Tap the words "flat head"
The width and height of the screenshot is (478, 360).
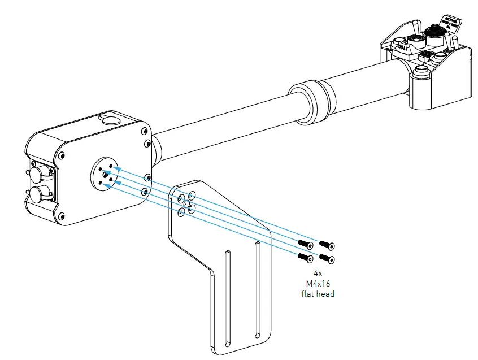click(x=318, y=294)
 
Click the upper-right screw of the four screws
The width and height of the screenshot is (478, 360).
click(x=326, y=245)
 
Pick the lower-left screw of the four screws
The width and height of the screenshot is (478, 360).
click(x=306, y=258)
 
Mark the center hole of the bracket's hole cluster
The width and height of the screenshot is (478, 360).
click(x=186, y=203)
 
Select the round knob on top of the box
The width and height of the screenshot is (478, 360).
click(x=110, y=119)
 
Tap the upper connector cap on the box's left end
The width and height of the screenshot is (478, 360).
click(x=40, y=172)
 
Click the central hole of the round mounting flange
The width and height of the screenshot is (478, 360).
click(x=105, y=175)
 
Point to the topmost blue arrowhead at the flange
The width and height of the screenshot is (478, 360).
click(x=118, y=168)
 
